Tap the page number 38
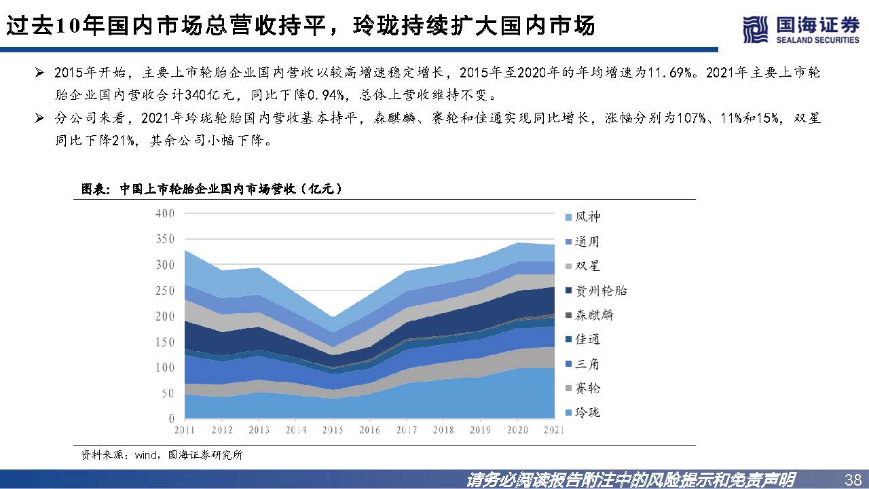[852, 479]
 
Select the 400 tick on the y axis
[165, 213]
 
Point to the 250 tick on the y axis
[165, 291]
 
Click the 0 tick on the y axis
[172, 419]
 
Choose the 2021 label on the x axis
[554, 431]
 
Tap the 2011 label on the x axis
[185, 431]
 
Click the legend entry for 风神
[588, 217]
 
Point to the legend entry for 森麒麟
[594, 315]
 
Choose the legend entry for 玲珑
[588, 413]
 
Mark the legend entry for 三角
[588, 364]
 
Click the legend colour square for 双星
[570, 266]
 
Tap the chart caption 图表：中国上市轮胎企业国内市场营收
[211, 189]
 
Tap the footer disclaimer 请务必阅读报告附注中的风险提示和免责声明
[631, 479]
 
